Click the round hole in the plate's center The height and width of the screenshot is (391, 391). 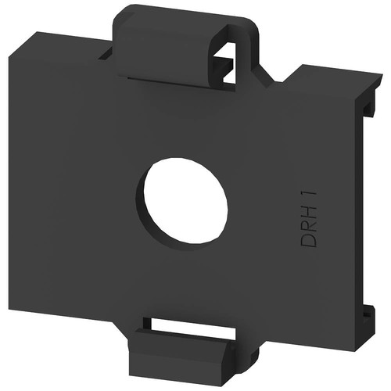point(185,201)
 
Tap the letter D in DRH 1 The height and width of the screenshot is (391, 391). point(308,240)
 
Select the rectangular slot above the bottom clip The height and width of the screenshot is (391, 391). point(193,325)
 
